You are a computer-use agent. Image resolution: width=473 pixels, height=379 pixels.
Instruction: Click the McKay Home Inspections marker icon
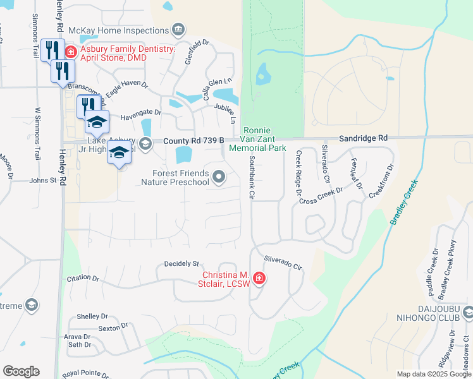pyautogui.click(x=178, y=29)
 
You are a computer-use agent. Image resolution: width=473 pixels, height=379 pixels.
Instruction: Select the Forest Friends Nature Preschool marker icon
pyautogui.click(x=219, y=177)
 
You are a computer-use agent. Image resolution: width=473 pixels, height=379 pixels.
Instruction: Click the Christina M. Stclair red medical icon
pyautogui.click(x=259, y=278)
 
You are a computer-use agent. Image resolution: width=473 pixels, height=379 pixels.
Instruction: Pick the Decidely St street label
pyautogui.click(x=181, y=263)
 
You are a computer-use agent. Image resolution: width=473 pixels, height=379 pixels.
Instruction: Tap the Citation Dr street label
pyautogui.click(x=83, y=278)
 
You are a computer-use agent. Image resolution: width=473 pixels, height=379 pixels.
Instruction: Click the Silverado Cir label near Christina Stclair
pyautogui.click(x=283, y=263)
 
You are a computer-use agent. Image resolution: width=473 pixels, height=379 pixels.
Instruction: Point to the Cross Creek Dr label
pyautogui.click(x=321, y=195)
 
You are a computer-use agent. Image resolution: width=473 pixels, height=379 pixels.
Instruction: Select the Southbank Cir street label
pyautogui.click(x=251, y=178)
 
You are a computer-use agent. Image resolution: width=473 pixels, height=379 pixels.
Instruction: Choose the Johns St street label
pyautogui.click(x=43, y=181)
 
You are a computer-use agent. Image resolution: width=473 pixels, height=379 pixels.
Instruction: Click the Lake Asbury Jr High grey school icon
pyautogui.click(x=145, y=144)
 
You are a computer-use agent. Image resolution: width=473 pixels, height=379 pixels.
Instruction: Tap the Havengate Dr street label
pyautogui.click(x=141, y=112)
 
